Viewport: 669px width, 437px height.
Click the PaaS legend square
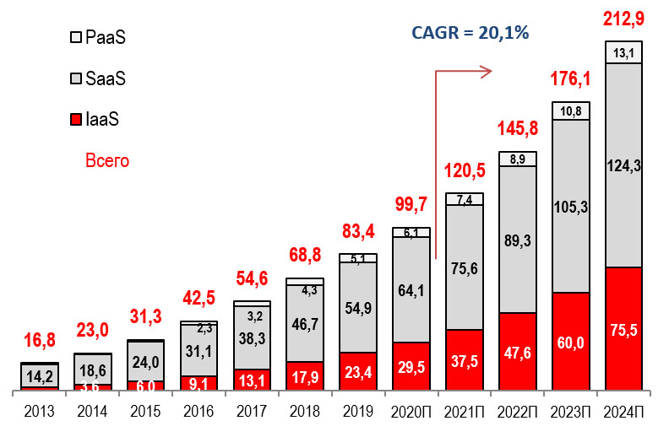(74, 37)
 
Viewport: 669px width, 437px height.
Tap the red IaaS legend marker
(74, 120)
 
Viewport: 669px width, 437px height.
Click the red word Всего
(107, 159)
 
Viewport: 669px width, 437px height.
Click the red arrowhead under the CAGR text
(485, 73)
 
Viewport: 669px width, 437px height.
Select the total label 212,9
(623, 17)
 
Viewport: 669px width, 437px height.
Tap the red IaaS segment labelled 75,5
(623, 329)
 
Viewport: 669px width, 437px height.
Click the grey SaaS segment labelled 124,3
(623, 165)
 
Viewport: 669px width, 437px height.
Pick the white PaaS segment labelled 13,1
(623, 52)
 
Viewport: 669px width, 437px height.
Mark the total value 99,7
(411, 204)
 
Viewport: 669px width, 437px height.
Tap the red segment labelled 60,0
(570, 342)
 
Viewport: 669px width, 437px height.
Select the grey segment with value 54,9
(358, 307)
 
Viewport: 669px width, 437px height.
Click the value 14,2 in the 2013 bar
(40, 375)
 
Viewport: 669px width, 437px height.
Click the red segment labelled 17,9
(305, 376)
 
